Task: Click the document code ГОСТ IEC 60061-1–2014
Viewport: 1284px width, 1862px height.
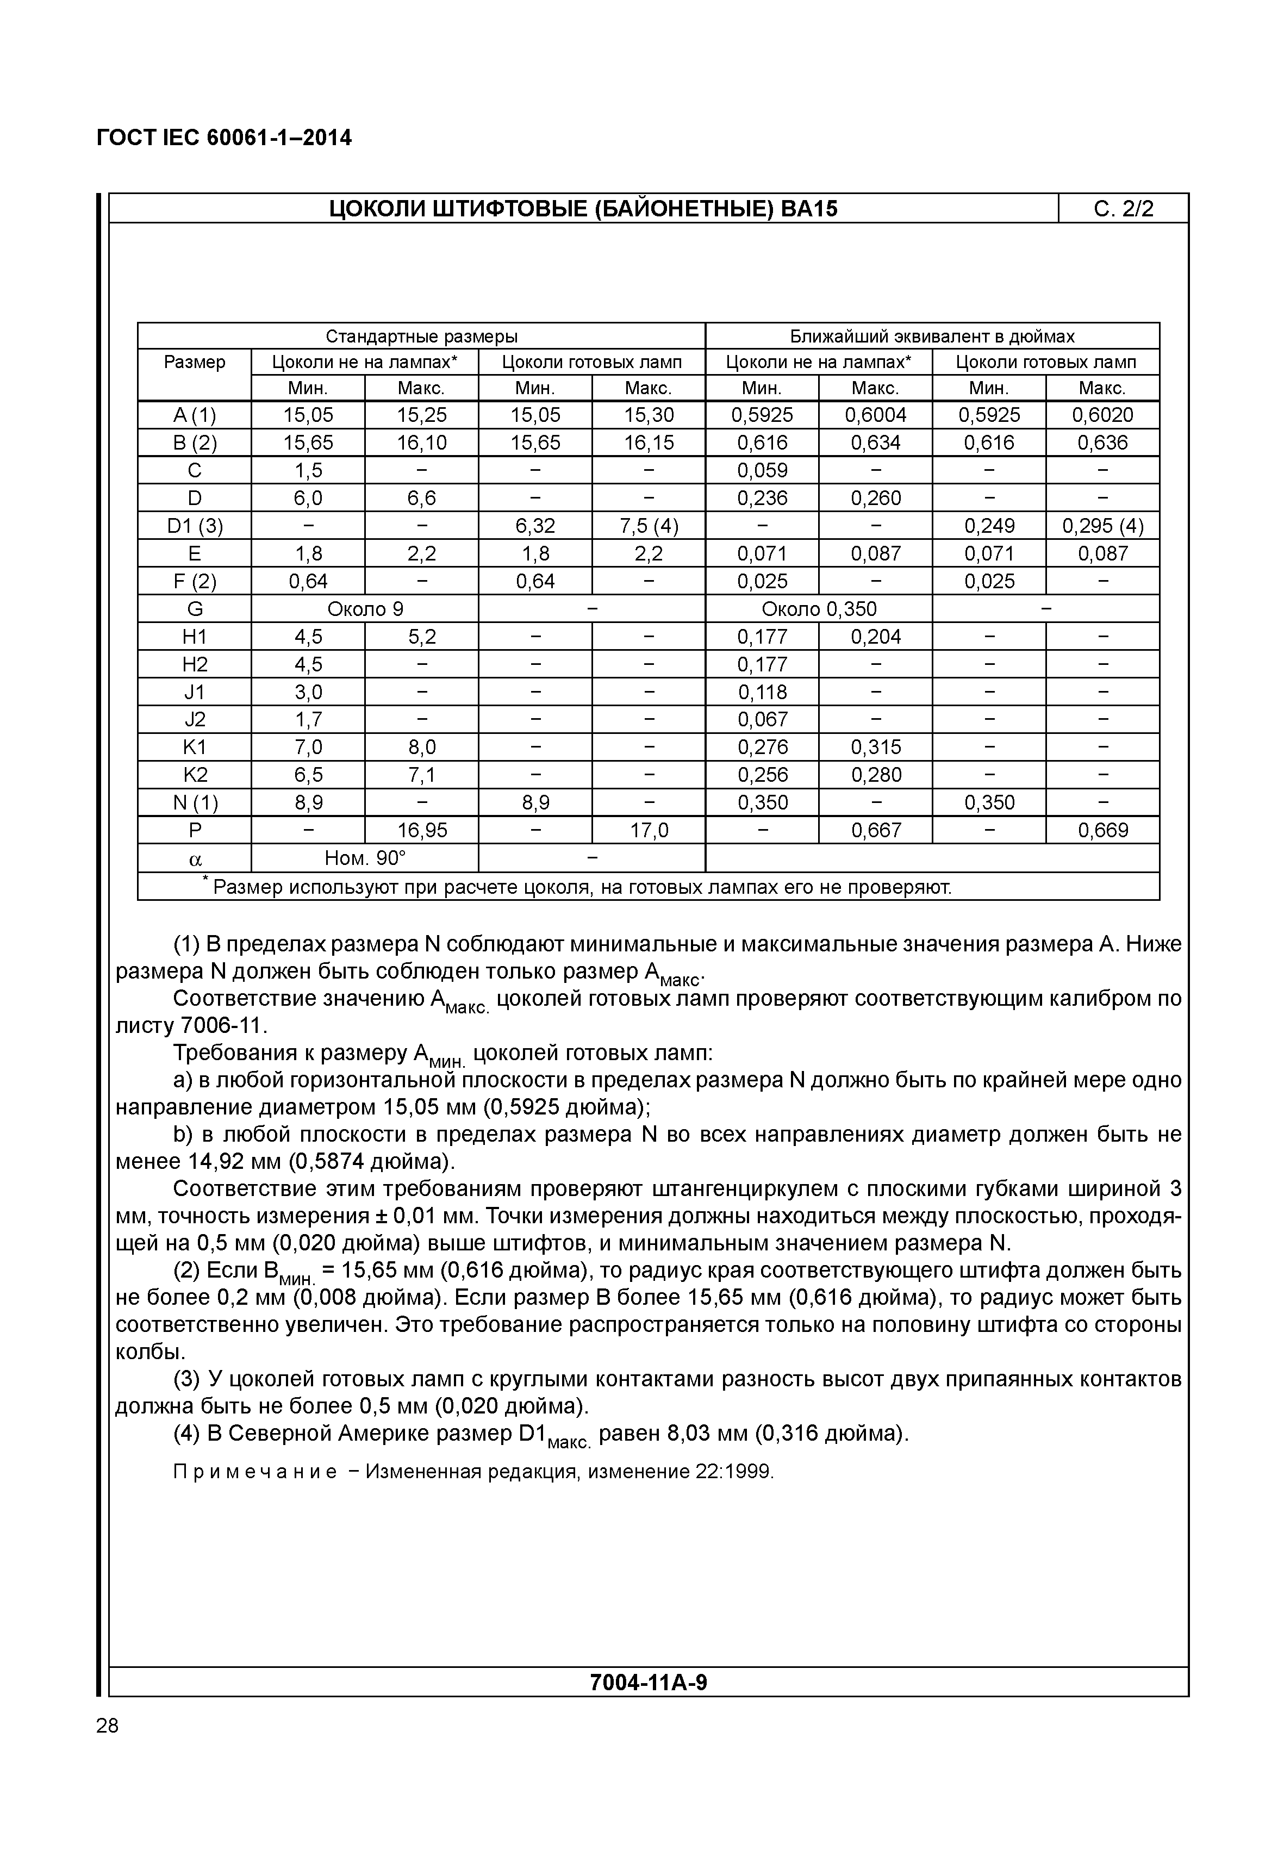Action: (223, 138)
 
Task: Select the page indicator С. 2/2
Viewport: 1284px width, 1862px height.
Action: (1123, 209)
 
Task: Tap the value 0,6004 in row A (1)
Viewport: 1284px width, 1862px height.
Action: (875, 415)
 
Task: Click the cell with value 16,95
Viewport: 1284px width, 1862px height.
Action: (421, 830)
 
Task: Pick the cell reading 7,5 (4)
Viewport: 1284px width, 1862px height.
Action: (649, 526)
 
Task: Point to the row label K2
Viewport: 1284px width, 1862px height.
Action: (195, 775)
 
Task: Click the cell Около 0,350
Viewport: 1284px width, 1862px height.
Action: (819, 609)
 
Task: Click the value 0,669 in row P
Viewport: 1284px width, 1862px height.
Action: (1103, 830)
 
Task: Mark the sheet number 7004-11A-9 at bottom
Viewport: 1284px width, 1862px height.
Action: (649, 1683)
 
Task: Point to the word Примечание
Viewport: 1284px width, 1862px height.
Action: (255, 1472)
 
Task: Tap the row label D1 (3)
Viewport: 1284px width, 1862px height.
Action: (195, 526)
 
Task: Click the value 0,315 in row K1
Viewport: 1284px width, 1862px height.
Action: (875, 748)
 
